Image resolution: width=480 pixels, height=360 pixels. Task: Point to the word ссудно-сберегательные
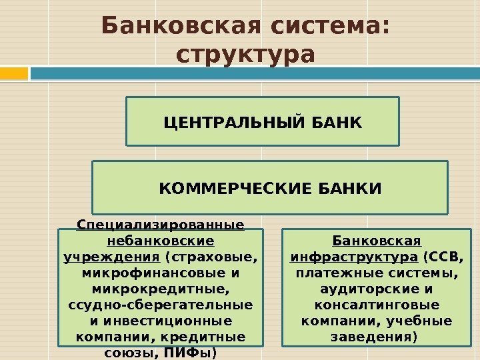(160, 305)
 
